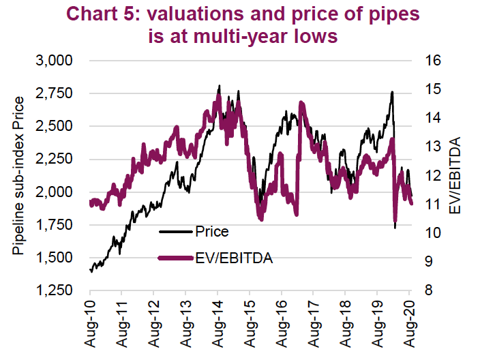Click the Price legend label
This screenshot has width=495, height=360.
click(211, 232)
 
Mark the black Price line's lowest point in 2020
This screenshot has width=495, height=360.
click(395, 227)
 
